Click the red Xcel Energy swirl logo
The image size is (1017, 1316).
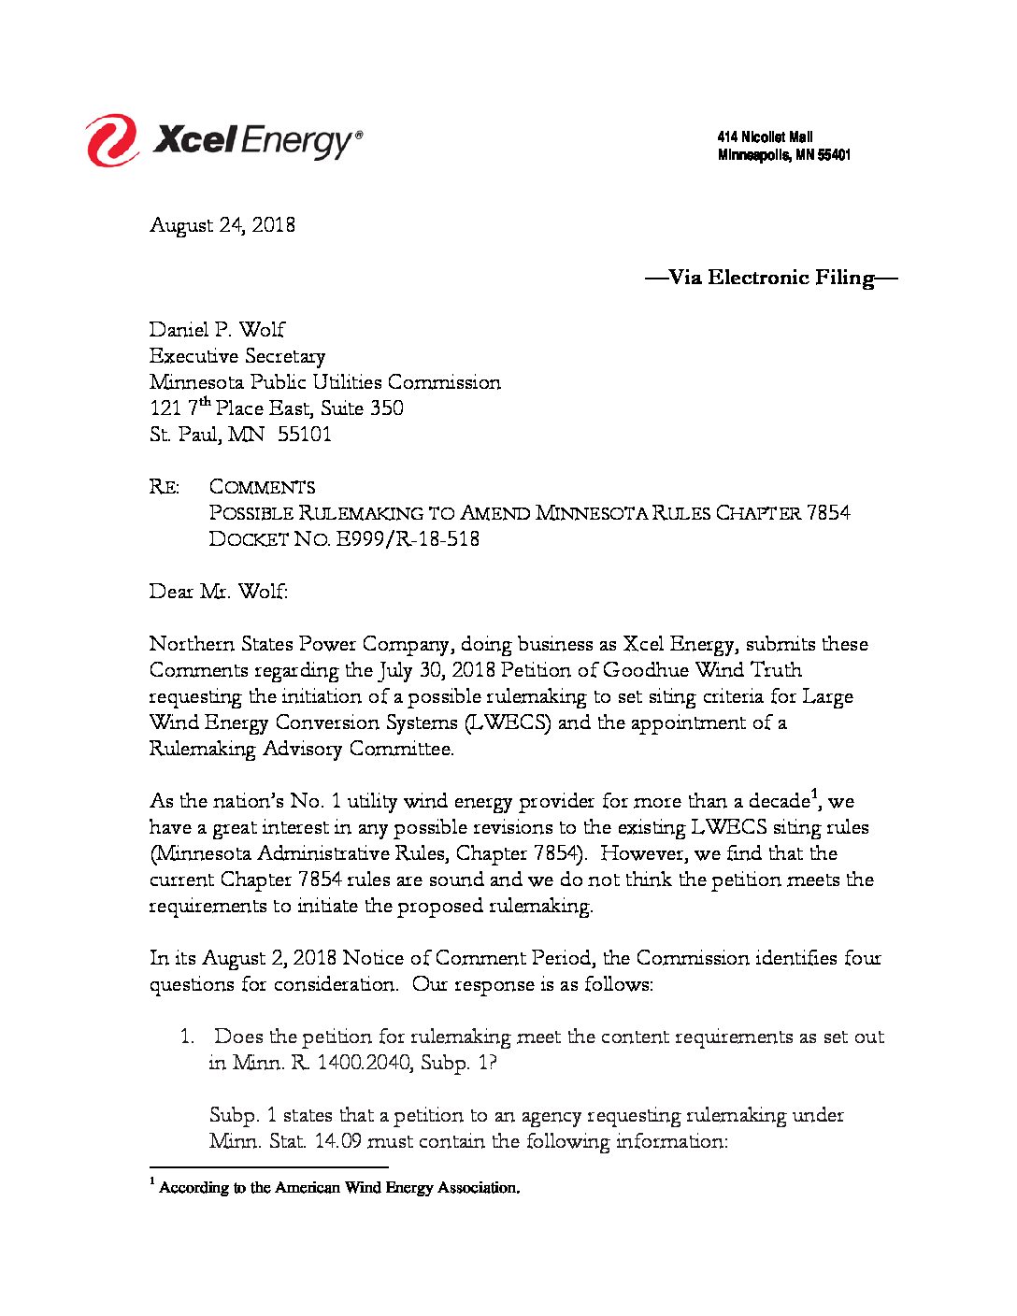pos(112,141)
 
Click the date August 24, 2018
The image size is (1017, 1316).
pos(222,225)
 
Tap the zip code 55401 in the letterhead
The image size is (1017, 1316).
pos(834,155)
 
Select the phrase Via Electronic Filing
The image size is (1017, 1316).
pos(771,278)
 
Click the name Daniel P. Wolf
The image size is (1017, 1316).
pos(217,330)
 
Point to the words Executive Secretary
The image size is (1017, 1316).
pos(237,356)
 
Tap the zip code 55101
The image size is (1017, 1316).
pos(304,435)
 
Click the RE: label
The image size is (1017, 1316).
pos(165,487)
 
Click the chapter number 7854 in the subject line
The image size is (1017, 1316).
pos(828,513)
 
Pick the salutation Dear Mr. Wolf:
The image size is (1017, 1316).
pos(219,592)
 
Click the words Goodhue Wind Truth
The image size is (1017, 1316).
pos(702,670)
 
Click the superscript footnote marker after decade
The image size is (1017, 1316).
pos(816,795)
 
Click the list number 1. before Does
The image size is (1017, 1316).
pos(187,1037)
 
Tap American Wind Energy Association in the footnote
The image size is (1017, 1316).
pos(396,1188)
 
